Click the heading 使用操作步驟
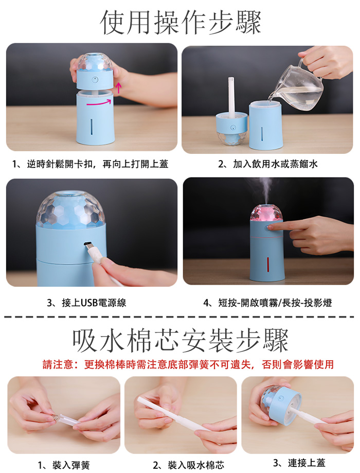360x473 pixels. [x=180, y=22]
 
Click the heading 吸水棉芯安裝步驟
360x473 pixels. [x=181, y=341]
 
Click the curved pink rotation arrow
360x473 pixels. [x=99, y=103]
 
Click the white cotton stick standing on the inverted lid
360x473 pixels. [x=231, y=97]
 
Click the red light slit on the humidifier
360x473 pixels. [x=267, y=265]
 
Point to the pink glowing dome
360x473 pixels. [x=266, y=213]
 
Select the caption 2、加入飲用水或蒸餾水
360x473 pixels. [x=268, y=164]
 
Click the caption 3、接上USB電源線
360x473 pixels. [x=86, y=303]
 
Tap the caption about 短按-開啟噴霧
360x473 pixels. [x=267, y=303]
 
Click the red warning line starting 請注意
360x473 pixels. [x=188, y=364]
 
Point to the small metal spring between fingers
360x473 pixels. [x=55, y=417]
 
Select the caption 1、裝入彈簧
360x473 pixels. [x=64, y=465]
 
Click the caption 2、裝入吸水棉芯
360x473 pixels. [x=188, y=465]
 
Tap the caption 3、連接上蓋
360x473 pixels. [x=299, y=463]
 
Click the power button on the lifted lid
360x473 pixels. [x=95, y=80]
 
